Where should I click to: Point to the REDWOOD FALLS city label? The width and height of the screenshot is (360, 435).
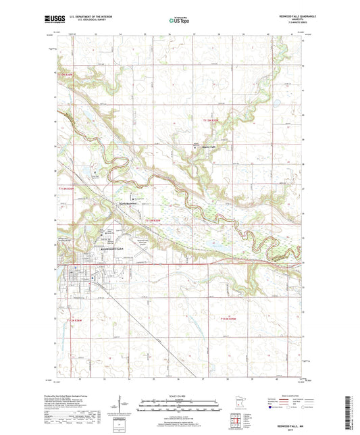99,249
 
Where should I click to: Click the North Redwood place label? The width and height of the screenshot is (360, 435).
128,203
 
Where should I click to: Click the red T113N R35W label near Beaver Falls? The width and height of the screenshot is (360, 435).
211,120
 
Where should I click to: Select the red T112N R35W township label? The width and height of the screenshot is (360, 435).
230,318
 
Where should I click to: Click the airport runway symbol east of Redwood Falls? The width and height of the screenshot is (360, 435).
145,253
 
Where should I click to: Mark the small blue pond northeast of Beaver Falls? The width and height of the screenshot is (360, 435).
277,104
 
